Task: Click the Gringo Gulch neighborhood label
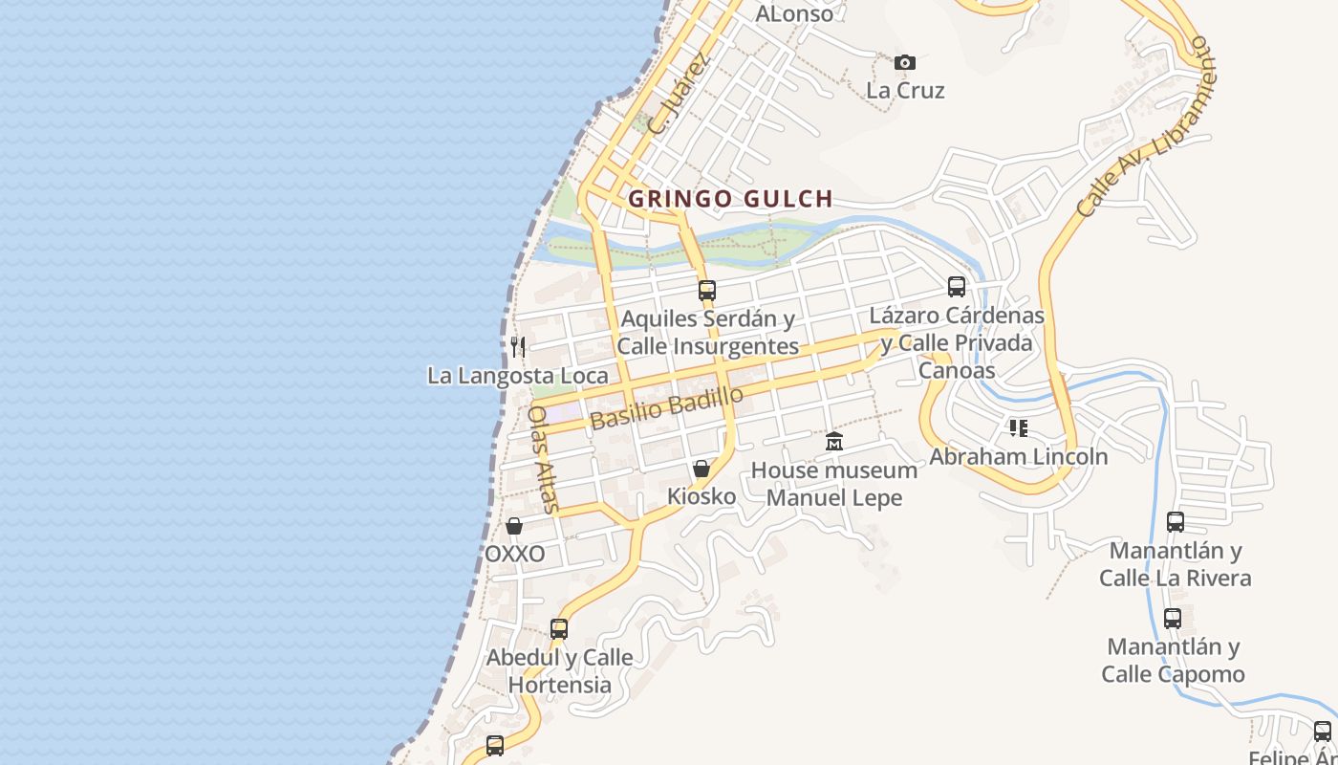(x=730, y=199)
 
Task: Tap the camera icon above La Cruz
(x=905, y=63)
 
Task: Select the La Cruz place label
(x=905, y=91)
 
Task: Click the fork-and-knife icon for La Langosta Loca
(x=518, y=346)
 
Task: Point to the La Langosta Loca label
(x=517, y=376)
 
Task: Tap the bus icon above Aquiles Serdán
(x=707, y=291)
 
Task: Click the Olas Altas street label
(x=541, y=459)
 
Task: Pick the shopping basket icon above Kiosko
(x=701, y=469)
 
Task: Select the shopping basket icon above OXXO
(x=514, y=526)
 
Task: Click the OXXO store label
(x=514, y=555)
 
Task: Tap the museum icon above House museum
(x=834, y=442)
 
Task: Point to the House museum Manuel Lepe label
(x=834, y=484)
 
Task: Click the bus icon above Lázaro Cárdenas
(x=957, y=287)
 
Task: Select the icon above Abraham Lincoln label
(x=1019, y=427)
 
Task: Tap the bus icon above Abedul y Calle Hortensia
(x=559, y=629)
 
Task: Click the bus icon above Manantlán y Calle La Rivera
(x=1176, y=522)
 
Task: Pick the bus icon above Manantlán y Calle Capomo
(x=1173, y=619)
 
